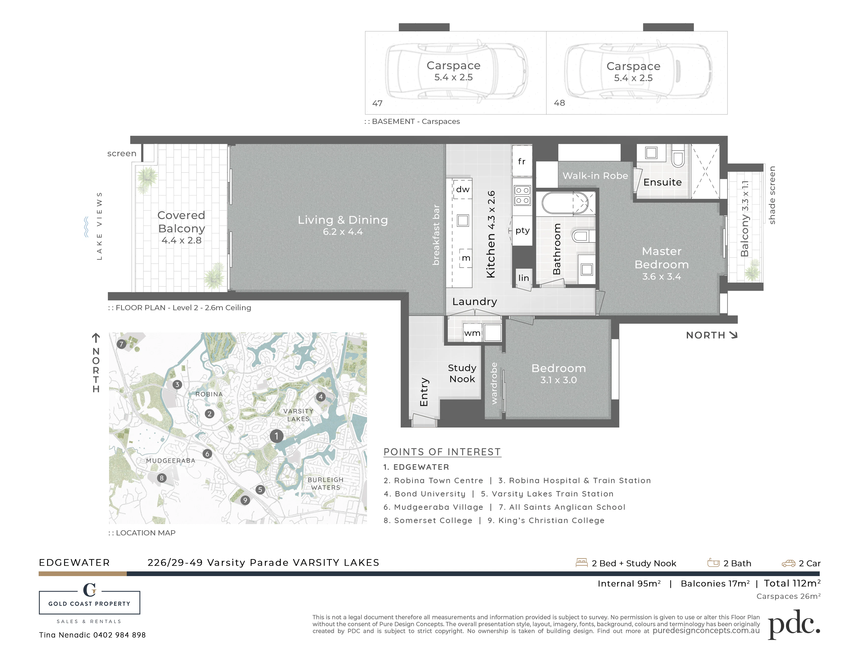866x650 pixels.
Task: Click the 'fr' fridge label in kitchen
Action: tap(521, 161)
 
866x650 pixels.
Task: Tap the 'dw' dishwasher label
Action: tap(463, 189)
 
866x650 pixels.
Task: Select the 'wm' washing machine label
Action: tap(472, 333)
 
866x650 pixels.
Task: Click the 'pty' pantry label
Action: tap(522, 230)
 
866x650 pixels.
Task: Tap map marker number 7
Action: tap(121, 344)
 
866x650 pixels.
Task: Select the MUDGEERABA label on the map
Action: tap(171, 461)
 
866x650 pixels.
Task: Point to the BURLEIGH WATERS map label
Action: tap(325, 483)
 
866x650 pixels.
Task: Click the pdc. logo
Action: tap(794, 624)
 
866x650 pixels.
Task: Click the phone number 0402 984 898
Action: tap(119, 635)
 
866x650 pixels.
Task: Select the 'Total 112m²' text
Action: tap(792, 583)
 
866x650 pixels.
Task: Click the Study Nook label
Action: tap(462, 373)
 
